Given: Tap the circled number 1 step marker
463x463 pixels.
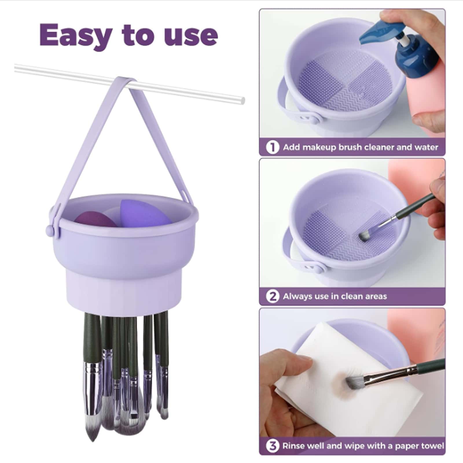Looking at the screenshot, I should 272,147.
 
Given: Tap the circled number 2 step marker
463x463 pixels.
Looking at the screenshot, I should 272,296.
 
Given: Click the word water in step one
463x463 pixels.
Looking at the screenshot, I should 426,147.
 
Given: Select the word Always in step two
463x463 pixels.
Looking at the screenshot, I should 298,296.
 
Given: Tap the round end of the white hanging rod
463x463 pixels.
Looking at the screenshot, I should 242,101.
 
